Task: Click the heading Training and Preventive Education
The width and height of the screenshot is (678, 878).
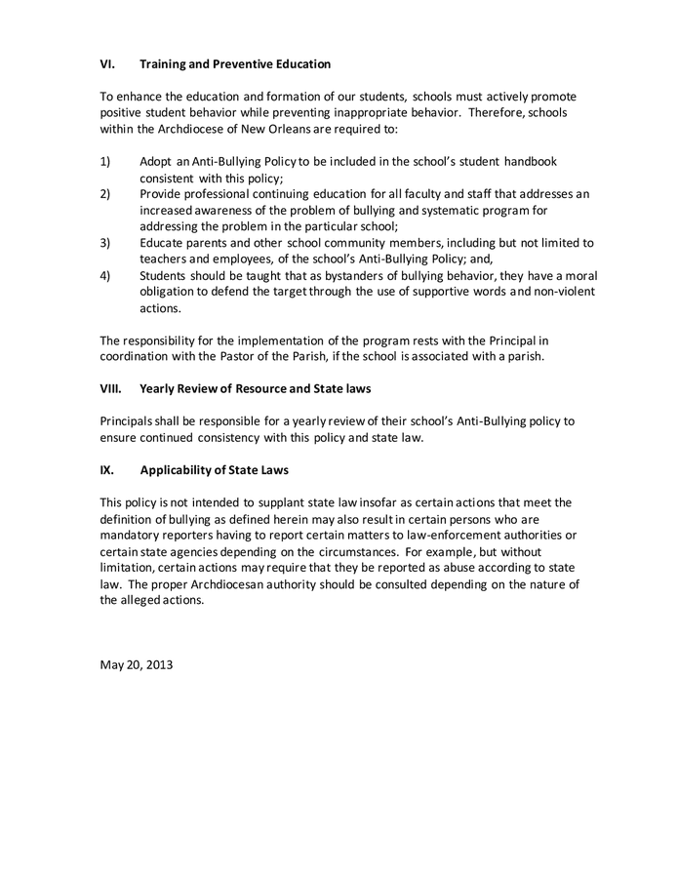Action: click(235, 64)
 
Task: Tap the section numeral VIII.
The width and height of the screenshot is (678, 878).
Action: click(112, 388)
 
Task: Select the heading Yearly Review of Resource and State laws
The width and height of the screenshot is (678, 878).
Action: click(256, 388)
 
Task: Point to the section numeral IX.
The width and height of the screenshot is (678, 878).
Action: click(107, 469)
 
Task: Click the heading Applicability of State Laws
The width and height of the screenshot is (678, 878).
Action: click(215, 469)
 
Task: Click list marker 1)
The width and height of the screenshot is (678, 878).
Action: click(106, 161)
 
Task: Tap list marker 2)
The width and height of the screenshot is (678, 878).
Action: click(106, 193)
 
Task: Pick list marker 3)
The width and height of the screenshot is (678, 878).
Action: click(106, 242)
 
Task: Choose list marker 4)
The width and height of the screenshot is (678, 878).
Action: click(106, 275)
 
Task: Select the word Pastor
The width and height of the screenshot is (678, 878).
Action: click(238, 356)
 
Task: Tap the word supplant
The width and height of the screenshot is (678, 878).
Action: click(279, 502)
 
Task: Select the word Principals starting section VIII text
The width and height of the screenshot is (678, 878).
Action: click(132, 421)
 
